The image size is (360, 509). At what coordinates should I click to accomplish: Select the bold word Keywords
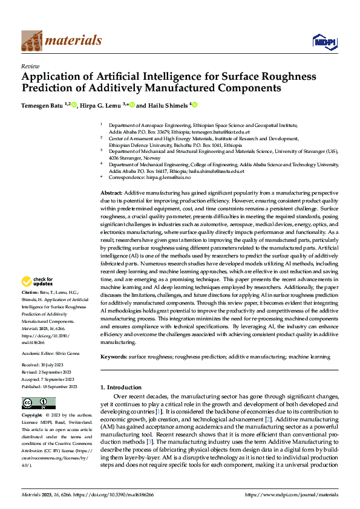[x=113, y=358]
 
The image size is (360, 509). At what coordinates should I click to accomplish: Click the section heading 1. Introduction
[x=121, y=387]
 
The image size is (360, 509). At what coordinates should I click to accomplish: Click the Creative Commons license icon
[x=38, y=403]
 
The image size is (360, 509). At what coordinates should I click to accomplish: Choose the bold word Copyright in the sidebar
[x=31, y=415]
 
